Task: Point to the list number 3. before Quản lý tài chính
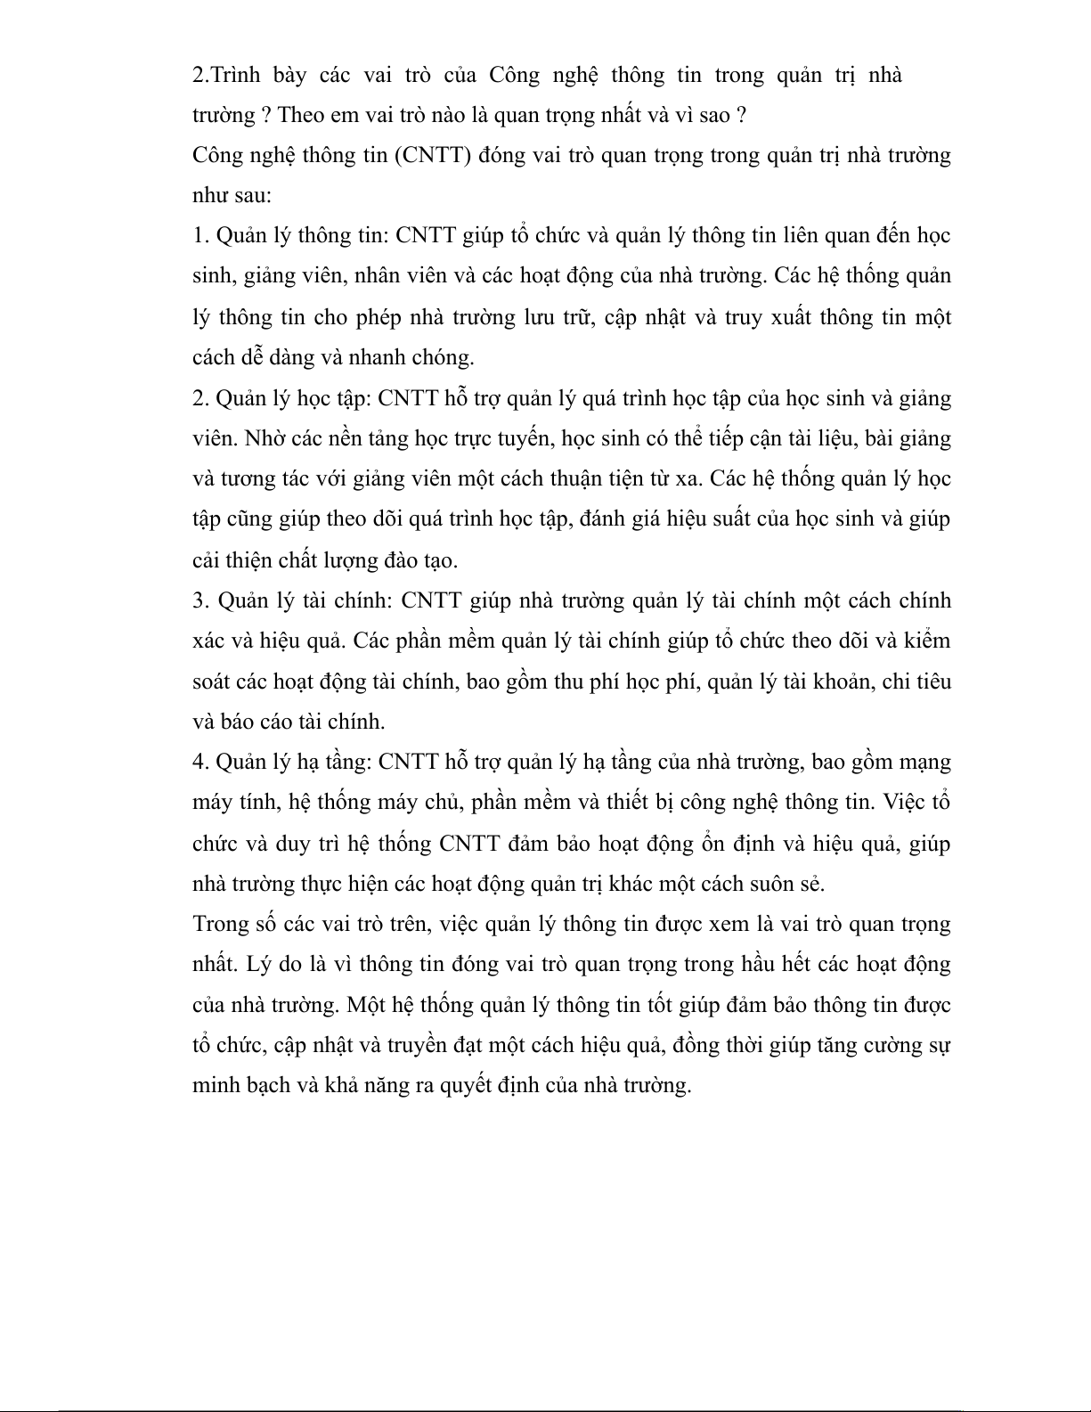[201, 600]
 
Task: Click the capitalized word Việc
[905, 803]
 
